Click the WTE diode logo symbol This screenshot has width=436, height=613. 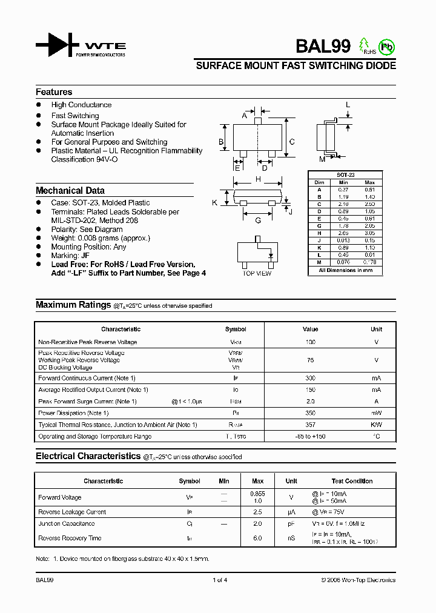(x=57, y=45)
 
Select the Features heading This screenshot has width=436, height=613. (x=54, y=92)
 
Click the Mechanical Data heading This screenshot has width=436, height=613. (x=70, y=190)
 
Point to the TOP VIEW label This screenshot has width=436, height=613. (x=257, y=274)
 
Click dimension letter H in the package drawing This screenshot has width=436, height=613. (x=258, y=179)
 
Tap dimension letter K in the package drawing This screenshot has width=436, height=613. (x=214, y=203)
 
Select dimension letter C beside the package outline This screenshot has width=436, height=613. (x=292, y=142)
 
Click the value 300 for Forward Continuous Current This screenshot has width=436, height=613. (x=310, y=378)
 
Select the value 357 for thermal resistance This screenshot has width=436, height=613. (x=310, y=425)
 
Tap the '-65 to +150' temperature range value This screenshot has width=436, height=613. (x=310, y=436)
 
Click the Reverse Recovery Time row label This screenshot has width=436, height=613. (x=70, y=538)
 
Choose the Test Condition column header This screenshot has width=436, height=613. (x=352, y=481)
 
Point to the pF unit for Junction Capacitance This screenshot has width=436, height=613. (x=291, y=523)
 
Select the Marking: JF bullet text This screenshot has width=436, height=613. (x=70, y=256)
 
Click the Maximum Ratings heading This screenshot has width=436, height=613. (x=73, y=305)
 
